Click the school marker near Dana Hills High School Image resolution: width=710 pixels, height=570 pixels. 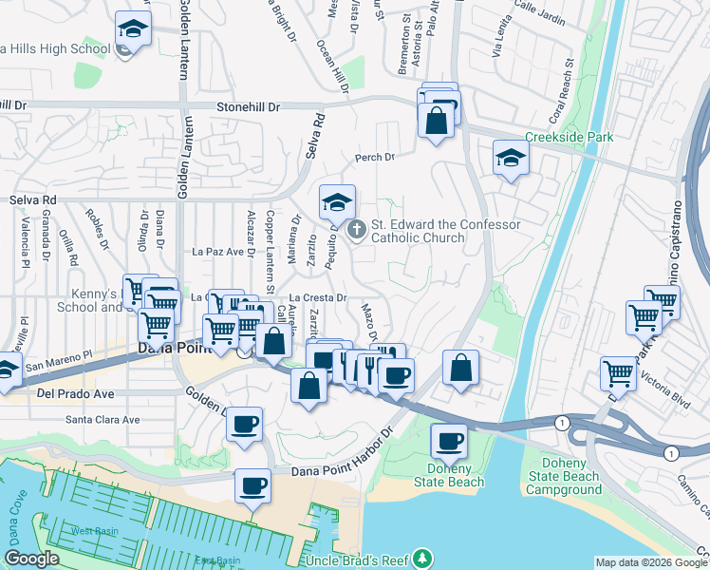click(x=133, y=30)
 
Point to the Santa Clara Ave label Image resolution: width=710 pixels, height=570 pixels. click(x=103, y=419)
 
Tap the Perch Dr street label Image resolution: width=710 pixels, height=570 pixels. click(x=374, y=157)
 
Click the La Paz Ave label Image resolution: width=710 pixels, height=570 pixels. click(x=212, y=252)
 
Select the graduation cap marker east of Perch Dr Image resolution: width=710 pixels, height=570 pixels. click(x=511, y=159)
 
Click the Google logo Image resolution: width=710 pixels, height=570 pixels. click(x=32, y=559)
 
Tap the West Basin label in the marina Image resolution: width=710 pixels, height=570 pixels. click(x=93, y=529)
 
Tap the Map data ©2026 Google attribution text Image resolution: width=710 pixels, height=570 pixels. click(x=650, y=561)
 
